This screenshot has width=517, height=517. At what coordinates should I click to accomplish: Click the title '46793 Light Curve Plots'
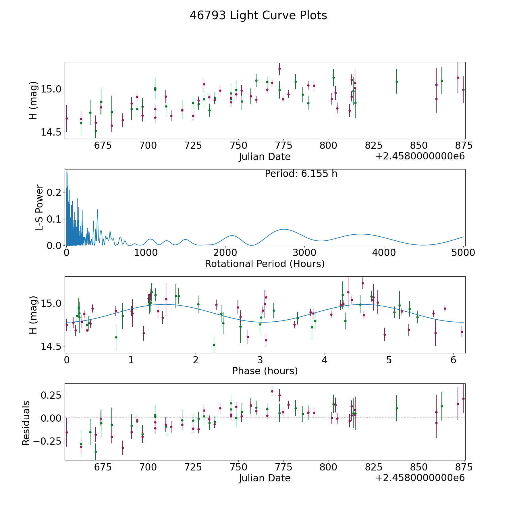[x=258, y=16]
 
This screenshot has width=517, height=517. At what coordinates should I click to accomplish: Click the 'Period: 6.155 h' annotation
[x=301, y=174]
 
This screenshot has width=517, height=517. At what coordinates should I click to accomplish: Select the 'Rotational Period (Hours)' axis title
[x=265, y=264]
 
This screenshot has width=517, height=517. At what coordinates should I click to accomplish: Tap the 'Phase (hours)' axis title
[x=265, y=371]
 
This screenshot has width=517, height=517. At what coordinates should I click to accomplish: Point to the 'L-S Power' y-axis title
[x=39, y=208]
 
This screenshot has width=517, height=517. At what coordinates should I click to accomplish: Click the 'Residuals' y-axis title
[x=26, y=423]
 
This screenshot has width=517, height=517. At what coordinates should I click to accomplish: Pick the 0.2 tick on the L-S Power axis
[x=55, y=192]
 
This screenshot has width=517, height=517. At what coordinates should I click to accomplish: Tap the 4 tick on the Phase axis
[x=324, y=360]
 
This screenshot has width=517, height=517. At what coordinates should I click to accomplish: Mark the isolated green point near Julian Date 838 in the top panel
[x=397, y=82]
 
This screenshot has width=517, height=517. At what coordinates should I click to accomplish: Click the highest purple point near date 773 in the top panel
[x=279, y=69]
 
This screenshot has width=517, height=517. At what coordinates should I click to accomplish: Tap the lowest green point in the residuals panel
[x=96, y=452]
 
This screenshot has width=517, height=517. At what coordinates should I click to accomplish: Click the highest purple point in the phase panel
[x=363, y=283]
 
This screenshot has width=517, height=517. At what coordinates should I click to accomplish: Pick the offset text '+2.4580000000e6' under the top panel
[x=420, y=157]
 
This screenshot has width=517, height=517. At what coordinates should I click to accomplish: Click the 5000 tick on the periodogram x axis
[x=463, y=253]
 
